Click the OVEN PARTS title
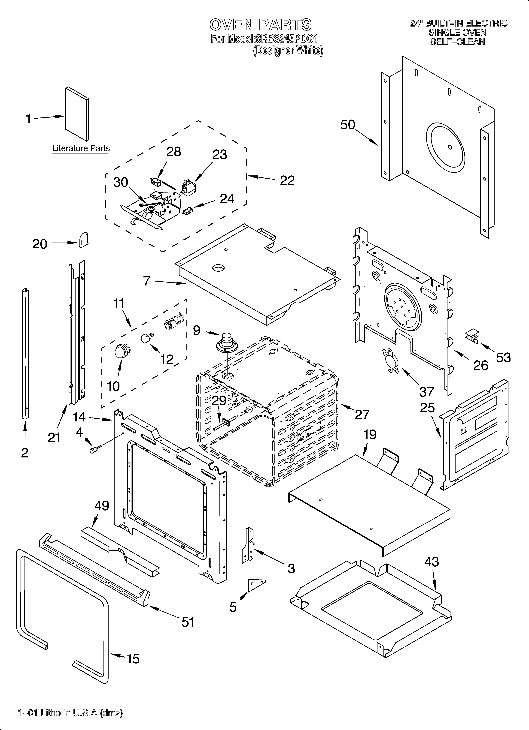260,25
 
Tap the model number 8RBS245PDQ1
286,39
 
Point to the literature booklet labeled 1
77,114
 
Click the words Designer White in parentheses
288,51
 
